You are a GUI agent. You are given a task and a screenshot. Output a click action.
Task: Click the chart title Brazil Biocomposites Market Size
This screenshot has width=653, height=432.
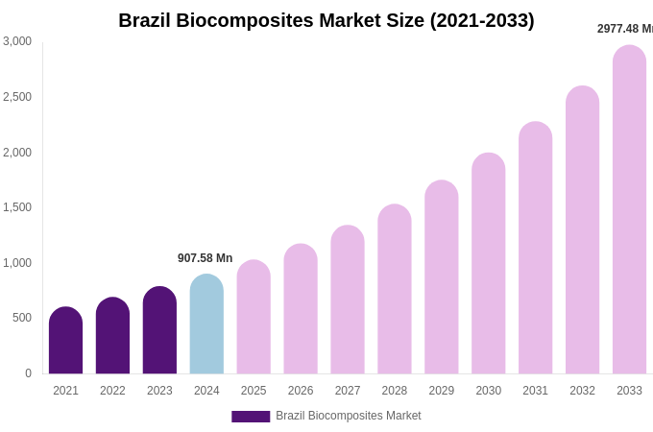326,20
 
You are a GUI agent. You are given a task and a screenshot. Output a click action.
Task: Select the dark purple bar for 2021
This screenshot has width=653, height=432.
65,341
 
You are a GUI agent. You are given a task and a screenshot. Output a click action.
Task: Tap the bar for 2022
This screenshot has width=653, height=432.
112,336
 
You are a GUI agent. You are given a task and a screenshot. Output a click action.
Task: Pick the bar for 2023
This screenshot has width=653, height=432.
159,330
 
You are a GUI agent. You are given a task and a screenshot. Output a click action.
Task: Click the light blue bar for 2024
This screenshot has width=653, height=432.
206,324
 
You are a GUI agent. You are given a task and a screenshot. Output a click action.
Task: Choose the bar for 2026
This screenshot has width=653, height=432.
301,309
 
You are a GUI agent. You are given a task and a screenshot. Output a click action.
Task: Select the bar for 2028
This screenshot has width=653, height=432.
395,289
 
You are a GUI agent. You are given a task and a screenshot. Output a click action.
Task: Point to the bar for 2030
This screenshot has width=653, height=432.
488,264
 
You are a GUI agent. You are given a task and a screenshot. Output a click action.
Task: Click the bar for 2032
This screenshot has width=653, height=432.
582,230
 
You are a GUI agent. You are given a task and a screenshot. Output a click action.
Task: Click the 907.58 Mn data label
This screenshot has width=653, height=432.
205,258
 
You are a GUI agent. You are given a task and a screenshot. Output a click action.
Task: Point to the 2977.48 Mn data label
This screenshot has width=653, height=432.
624,29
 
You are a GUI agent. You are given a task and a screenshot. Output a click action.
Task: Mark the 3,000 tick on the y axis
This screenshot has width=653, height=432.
17,41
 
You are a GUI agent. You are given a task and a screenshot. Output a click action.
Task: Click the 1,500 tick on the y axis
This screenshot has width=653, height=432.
17,207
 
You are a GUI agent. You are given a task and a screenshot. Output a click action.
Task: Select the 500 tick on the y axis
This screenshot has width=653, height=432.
22,318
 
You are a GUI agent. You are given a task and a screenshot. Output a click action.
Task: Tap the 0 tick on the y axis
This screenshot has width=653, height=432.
28,373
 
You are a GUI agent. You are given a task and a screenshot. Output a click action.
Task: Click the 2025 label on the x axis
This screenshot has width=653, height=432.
254,391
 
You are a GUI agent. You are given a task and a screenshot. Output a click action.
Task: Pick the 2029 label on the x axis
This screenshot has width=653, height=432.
442,391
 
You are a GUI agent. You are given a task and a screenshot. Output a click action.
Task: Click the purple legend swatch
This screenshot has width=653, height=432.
251,417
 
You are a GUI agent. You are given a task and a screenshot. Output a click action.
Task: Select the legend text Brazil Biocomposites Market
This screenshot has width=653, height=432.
348,416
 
